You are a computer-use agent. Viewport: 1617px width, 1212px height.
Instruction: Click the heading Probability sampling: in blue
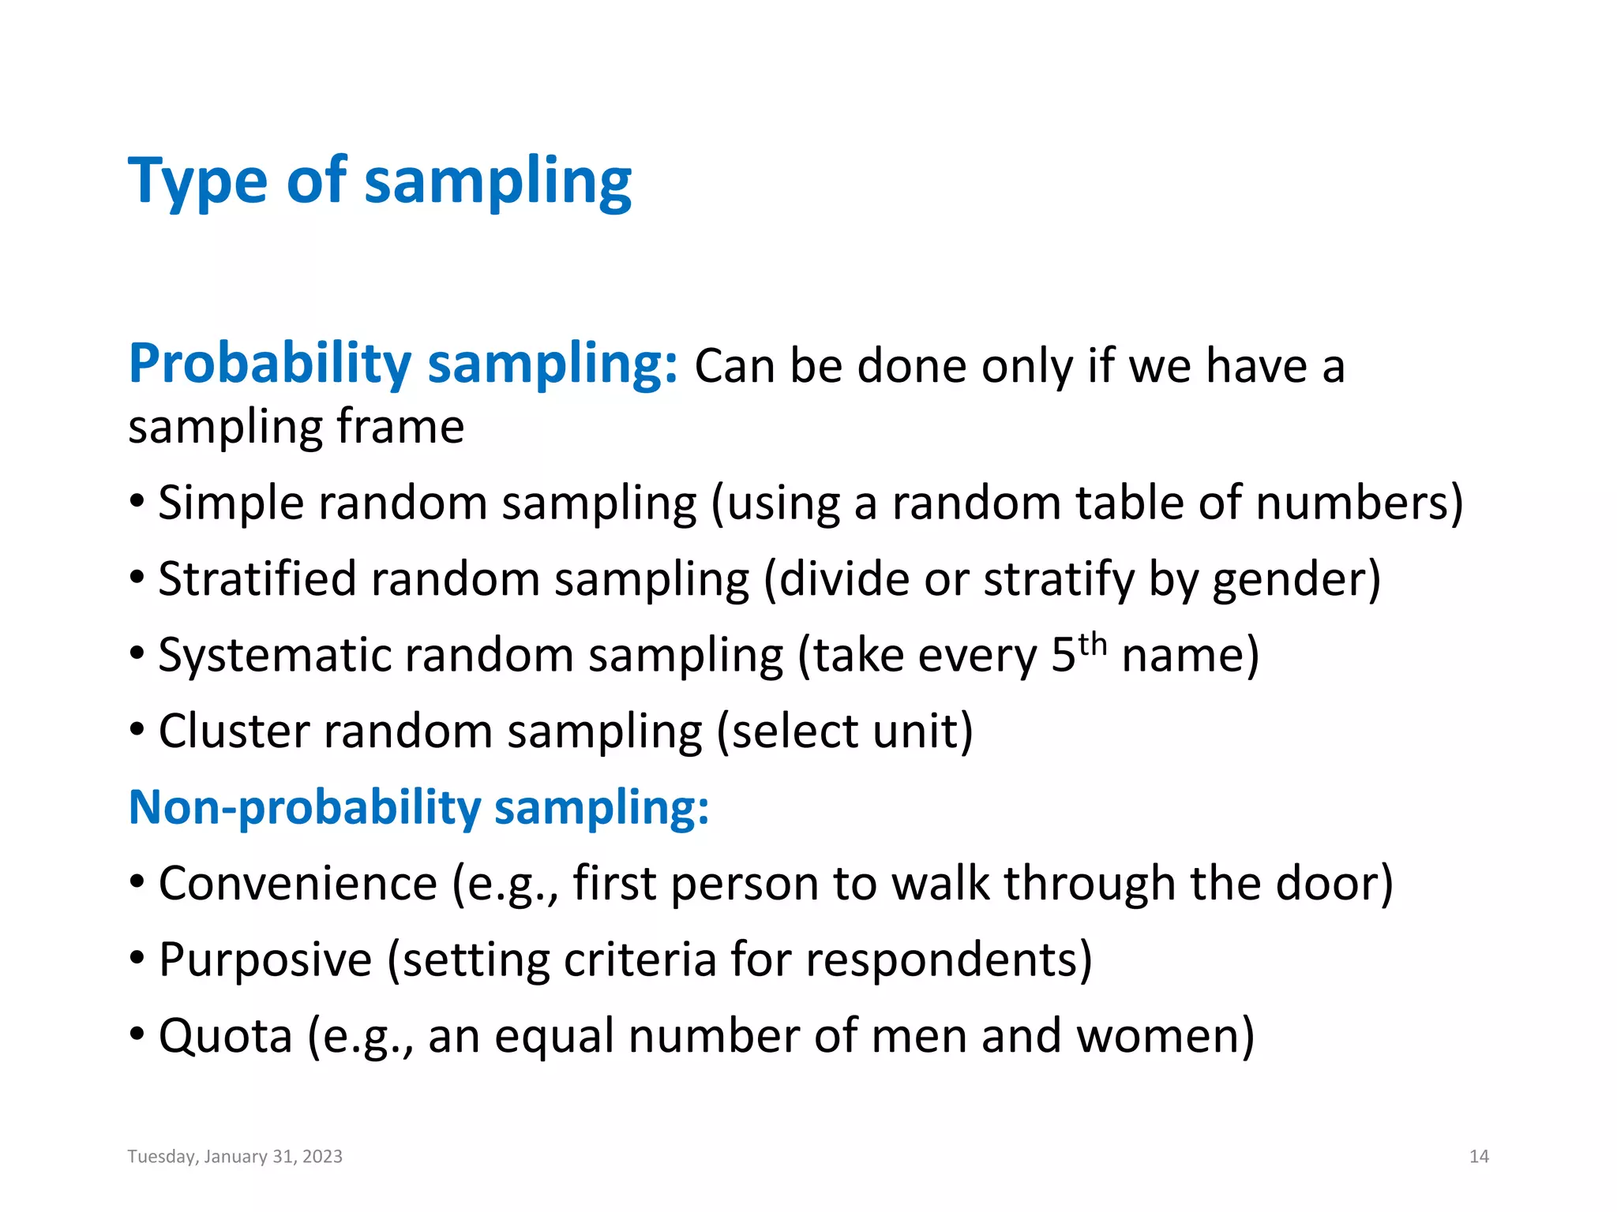tap(403, 365)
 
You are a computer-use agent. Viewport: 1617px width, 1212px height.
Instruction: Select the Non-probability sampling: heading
tap(418, 808)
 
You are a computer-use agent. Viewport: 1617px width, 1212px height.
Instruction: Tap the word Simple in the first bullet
tap(231, 503)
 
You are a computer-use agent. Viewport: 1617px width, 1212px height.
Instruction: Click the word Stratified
tap(257, 579)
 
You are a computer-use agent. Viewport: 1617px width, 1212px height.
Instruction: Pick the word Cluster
tap(234, 731)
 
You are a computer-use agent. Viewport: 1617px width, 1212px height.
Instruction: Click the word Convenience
tap(298, 884)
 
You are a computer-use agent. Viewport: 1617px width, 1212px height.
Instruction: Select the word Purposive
tap(264, 960)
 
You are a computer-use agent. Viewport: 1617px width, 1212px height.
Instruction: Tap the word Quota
tap(225, 1036)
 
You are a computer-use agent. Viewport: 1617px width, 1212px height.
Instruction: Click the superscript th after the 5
tap(1093, 644)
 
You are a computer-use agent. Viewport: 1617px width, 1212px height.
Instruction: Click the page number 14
tap(1478, 1157)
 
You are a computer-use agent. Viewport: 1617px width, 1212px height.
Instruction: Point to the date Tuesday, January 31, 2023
tap(235, 1157)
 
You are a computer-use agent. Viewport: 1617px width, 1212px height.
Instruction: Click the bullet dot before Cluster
tap(137, 730)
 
